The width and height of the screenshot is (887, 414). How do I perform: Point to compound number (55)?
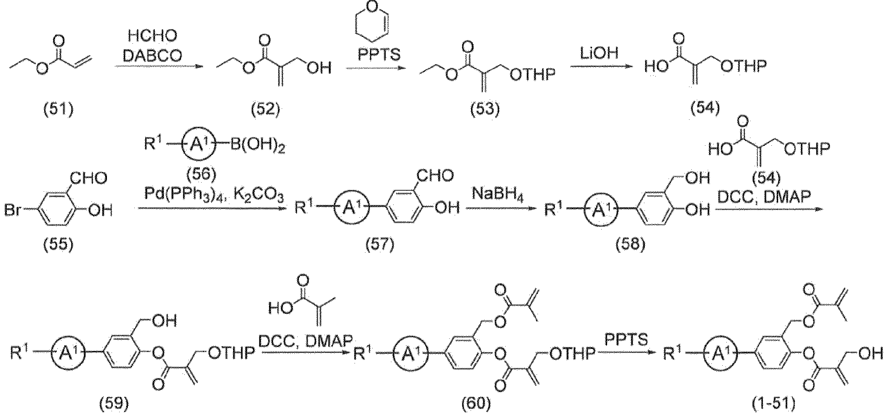(x=58, y=245)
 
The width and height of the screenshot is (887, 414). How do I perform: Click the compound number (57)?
(x=380, y=245)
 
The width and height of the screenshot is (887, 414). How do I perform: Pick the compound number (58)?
(x=630, y=245)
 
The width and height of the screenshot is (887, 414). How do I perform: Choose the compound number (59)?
(x=114, y=403)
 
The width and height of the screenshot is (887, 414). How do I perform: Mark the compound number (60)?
(x=476, y=403)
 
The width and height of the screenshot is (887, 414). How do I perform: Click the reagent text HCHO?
(x=153, y=36)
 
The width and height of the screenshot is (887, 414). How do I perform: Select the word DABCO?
(x=153, y=56)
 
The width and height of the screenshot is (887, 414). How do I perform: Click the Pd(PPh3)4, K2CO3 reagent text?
(x=214, y=196)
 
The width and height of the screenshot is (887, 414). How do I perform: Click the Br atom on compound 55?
(x=14, y=211)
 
